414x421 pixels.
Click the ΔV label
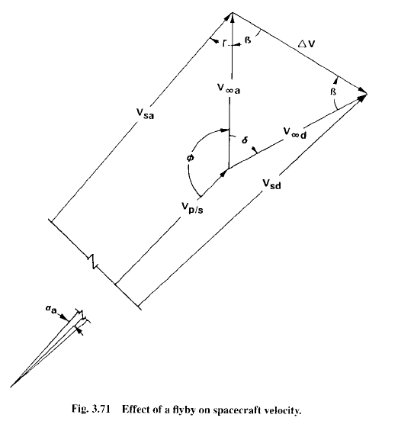pyautogui.click(x=306, y=43)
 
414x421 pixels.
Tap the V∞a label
pyautogui.click(x=229, y=89)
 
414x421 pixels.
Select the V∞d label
pyautogui.click(x=295, y=133)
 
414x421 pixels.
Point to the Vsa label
pyautogui.click(x=145, y=114)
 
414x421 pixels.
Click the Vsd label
pyautogui.click(x=271, y=185)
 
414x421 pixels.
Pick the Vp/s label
pyautogui.click(x=192, y=207)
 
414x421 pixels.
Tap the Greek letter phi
pyautogui.click(x=190, y=158)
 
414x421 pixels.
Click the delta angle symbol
pyautogui.click(x=245, y=140)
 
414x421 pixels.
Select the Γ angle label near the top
pyautogui.click(x=224, y=43)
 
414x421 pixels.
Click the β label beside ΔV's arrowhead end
pyautogui.click(x=333, y=92)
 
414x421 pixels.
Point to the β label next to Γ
pyautogui.click(x=248, y=40)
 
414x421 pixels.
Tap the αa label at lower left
pyautogui.click(x=51, y=310)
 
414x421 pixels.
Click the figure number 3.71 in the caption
pyautogui.click(x=101, y=409)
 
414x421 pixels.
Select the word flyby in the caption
pyautogui.click(x=182, y=410)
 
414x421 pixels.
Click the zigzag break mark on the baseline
pyautogui.click(x=93, y=261)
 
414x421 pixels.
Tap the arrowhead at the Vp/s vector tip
pyautogui.click(x=224, y=172)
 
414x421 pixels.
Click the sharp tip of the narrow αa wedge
pyautogui.click(x=11, y=387)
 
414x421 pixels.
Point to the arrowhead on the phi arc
pyautogui.click(x=224, y=130)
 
